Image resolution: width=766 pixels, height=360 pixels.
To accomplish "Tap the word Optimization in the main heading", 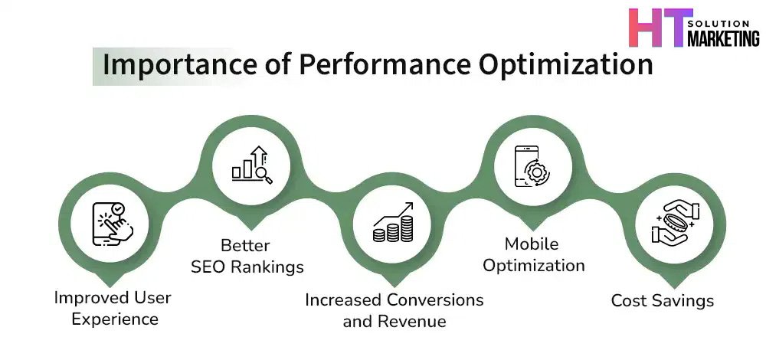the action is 566,65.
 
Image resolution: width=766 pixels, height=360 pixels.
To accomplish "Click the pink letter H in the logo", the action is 643,28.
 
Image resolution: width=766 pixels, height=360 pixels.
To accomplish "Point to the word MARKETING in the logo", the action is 724,38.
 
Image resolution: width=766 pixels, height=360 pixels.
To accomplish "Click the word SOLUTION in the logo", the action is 719,24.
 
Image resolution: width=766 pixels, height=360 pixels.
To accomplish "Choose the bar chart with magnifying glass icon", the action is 252,165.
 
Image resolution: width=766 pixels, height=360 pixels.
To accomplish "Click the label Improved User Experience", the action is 113,308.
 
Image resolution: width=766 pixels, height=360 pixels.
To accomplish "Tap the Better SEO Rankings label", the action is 247,256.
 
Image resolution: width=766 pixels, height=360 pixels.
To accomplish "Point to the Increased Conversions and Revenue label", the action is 394,310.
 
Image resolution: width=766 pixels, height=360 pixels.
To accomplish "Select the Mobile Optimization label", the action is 533,255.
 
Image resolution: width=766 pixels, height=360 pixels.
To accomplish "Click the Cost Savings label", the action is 663,300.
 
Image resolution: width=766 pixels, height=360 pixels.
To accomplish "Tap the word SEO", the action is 208,267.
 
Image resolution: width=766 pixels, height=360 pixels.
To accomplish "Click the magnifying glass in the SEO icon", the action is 264,175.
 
